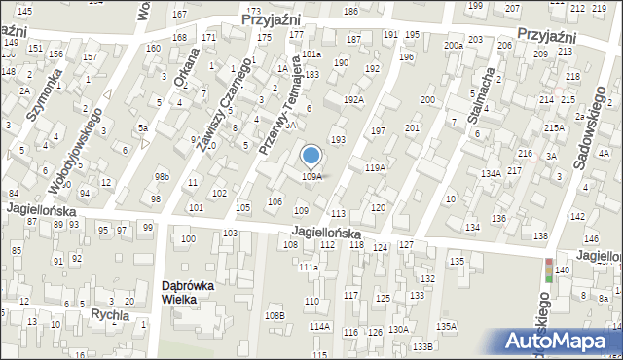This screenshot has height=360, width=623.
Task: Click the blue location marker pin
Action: point(311,157)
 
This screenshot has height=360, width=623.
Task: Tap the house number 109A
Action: point(311,177)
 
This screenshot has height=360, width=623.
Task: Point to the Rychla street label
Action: point(110,315)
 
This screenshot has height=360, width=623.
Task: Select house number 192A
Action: point(353,100)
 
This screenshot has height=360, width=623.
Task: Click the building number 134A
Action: point(491,173)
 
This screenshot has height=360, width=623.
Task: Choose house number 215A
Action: point(554,127)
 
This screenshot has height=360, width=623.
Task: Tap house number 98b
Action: point(162,176)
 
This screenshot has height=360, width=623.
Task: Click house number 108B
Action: point(275,315)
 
